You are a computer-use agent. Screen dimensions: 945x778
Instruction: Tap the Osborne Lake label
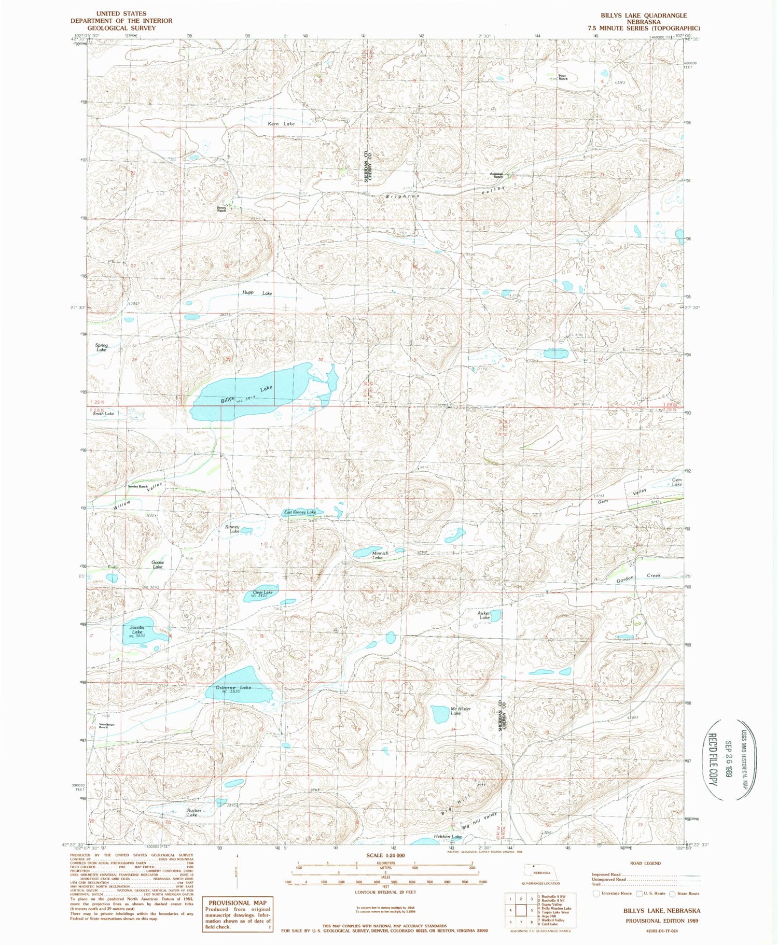click(x=233, y=687)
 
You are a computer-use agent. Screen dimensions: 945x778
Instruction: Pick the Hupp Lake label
click(x=257, y=293)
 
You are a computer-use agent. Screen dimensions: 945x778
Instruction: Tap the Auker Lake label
click(x=483, y=615)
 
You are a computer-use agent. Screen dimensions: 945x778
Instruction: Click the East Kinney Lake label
click(x=299, y=512)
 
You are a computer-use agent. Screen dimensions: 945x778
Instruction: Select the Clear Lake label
click(x=262, y=592)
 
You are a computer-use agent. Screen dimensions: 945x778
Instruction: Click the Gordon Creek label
click(x=638, y=577)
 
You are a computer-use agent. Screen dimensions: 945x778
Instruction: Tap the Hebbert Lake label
click(x=449, y=837)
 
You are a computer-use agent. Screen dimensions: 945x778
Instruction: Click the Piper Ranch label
click(x=562, y=77)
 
